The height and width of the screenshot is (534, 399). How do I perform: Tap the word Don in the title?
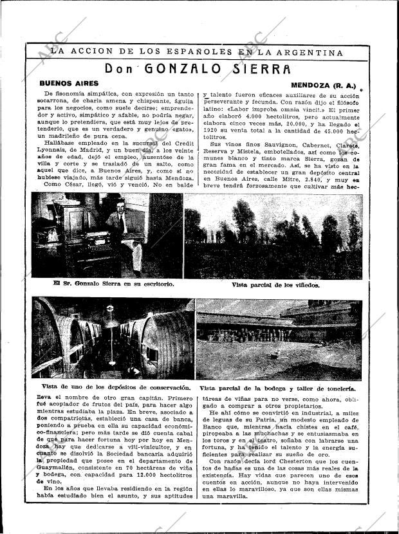point(120,69)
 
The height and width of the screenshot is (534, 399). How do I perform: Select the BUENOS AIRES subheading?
point(69,84)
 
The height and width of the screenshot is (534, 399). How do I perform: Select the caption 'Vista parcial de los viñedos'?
point(275,284)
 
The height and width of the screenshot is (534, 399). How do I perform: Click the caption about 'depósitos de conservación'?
point(111,387)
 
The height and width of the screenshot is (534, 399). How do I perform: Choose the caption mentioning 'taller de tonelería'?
point(277,389)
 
